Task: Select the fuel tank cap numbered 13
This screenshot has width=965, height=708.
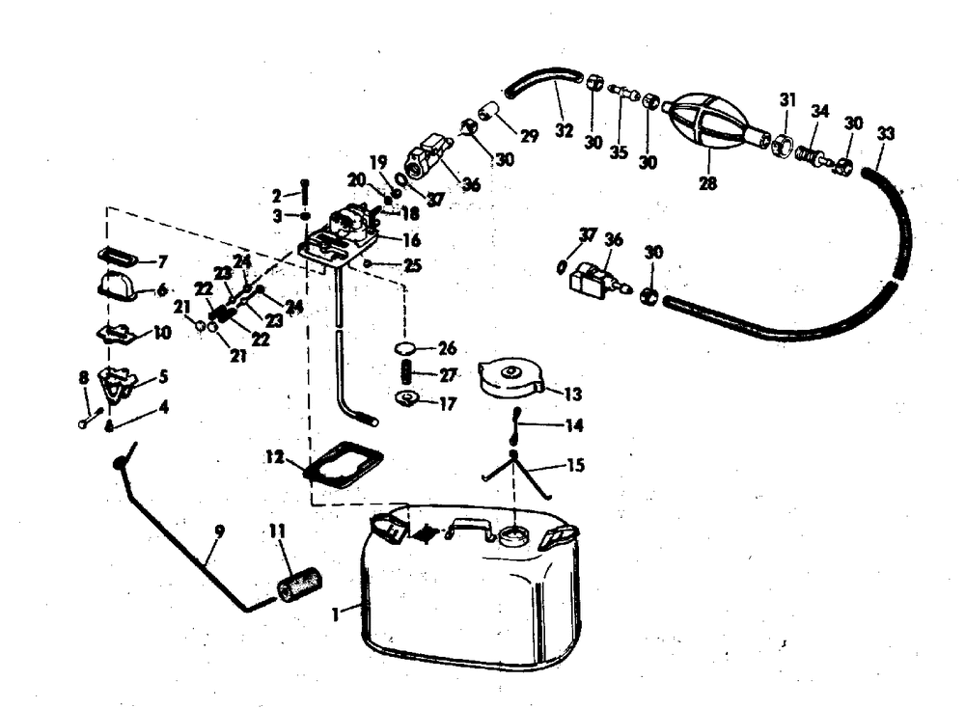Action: click(x=514, y=378)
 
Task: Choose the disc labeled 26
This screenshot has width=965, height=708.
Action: click(x=407, y=347)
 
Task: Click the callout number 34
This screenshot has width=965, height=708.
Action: click(x=819, y=110)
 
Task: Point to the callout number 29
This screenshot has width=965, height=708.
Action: click(x=529, y=136)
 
